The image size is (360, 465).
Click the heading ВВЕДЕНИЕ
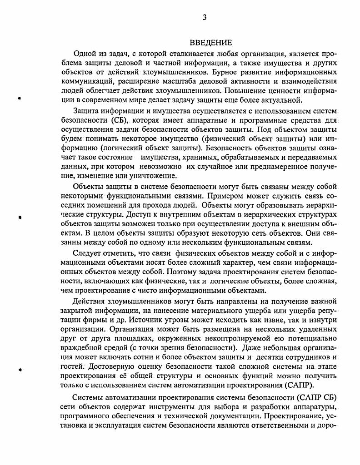click(210, 43)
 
